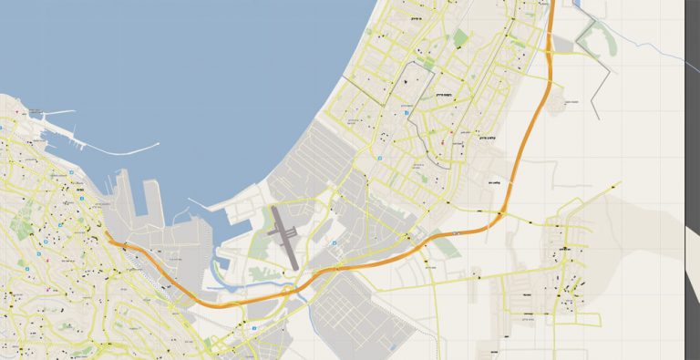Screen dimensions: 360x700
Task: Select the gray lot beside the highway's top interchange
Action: point(565,42)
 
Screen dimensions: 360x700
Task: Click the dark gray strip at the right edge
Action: point(692,273)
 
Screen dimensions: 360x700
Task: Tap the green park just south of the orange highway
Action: point(447,246)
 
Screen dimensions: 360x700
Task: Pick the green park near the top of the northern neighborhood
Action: point(459,38)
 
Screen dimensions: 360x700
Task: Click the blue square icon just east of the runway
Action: point(333,243)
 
